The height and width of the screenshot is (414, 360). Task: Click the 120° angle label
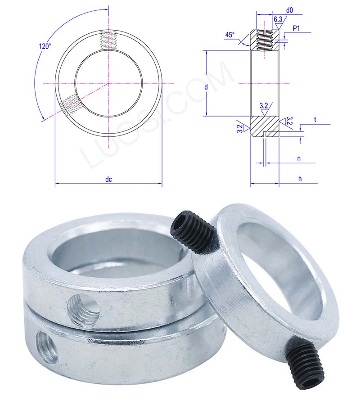pos(45,46)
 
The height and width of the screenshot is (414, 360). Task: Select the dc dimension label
pos(108,179)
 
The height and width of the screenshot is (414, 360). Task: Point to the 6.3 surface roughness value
pos(278,19)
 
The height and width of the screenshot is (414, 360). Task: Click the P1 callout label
pos(297,29)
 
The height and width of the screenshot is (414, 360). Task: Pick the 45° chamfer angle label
pos(230,35)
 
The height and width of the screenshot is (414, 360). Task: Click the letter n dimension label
pos(299,158)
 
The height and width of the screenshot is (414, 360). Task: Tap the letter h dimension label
pos(300,179)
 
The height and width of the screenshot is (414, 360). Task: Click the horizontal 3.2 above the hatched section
pos(264,105)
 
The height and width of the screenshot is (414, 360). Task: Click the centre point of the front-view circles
pos(108,83)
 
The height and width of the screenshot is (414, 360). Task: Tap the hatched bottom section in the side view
pos(264,126)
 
